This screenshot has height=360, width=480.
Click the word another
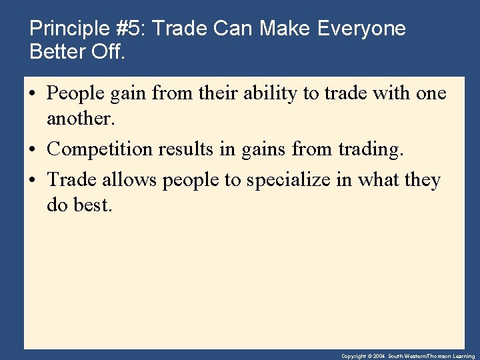pos(79,119)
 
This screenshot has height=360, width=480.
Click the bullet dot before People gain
pos(33,95)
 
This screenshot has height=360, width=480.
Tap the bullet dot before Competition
pos(33,150)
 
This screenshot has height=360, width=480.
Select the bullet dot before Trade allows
pos(33,181)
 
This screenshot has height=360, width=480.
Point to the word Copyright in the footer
pos(354,357)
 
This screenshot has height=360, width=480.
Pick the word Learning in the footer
pos(463,357)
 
